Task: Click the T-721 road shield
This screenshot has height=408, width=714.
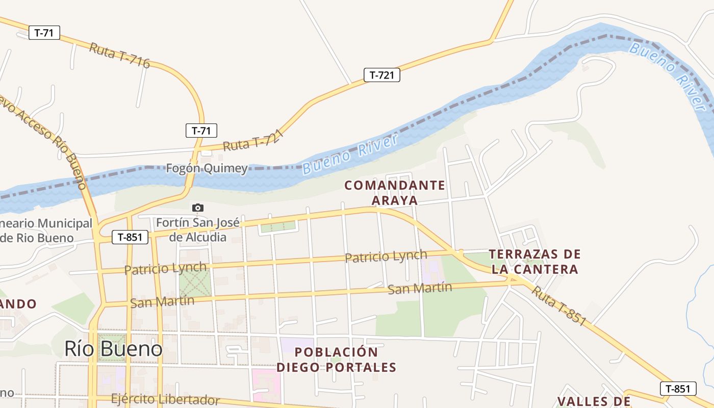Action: [381, 75]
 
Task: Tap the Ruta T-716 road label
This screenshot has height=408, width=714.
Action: [119, 56]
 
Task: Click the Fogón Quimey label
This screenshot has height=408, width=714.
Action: [207, 168]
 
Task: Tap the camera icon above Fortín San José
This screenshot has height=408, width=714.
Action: [197, 208]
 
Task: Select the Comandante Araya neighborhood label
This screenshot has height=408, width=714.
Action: [395, 192]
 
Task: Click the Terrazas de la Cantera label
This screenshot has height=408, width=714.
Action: [535, 261]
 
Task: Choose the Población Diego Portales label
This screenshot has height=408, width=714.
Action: [336, 360]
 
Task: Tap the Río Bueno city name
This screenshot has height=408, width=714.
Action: [113, 349]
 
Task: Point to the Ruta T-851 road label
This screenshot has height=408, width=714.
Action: [559, 305]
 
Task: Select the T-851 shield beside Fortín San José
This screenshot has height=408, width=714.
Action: [130, 237]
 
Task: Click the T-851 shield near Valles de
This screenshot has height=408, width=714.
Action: [678, 389]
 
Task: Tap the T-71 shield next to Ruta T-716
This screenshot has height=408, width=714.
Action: [44, 33]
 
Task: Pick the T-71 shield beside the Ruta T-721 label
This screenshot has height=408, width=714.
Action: [201, 130]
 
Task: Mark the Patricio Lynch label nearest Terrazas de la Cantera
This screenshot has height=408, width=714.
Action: [386, 256]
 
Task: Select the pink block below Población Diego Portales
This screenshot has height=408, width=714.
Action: [266, 385]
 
